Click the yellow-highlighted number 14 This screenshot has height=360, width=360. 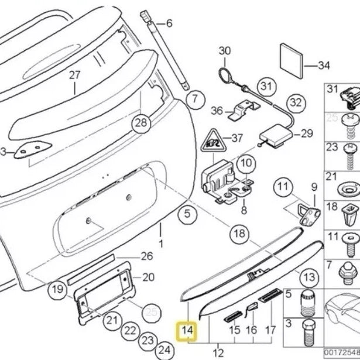tap(187, 331)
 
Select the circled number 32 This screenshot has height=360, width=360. tap(296, 102)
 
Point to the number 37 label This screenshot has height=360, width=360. tap(236, 138)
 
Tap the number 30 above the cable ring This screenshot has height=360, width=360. tap(225, 51)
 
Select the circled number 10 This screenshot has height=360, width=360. tap(245, 162)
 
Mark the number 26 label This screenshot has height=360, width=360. tap(147, 255)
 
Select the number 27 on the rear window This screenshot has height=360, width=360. tap(74, 74)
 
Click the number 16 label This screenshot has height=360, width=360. tap(251, 331)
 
